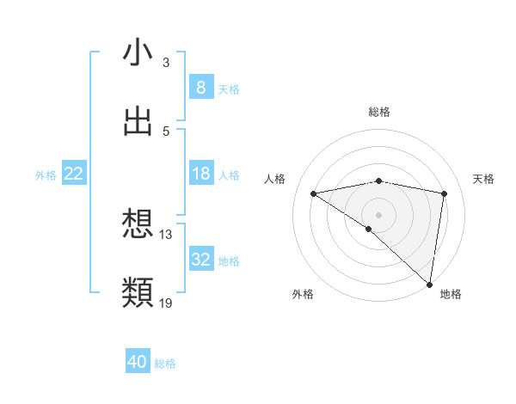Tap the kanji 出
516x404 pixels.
pos(138,121)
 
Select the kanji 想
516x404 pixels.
pos(138,224)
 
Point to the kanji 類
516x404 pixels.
pos(138,292)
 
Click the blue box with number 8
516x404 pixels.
pos(200,87)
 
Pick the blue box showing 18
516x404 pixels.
pos(200,174)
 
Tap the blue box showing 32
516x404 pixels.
pos(200,260)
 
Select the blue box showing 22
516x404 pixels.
pos(74,174)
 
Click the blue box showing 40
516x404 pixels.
pos(138,362)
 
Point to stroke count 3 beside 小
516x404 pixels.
pos(165,63)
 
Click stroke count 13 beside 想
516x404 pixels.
pos(166,234)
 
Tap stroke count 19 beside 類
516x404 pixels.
pos(166,303)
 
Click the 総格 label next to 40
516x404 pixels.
pos(165,364)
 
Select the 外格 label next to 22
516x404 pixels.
pos(46,174)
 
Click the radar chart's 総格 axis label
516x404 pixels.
pos(378,112)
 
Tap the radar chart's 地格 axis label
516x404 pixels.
pos(451,294)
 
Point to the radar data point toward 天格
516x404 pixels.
pos(444,193)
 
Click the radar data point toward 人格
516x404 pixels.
pos(314,193)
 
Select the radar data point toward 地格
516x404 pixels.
pos(430,285)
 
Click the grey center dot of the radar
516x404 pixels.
pos(378,214)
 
